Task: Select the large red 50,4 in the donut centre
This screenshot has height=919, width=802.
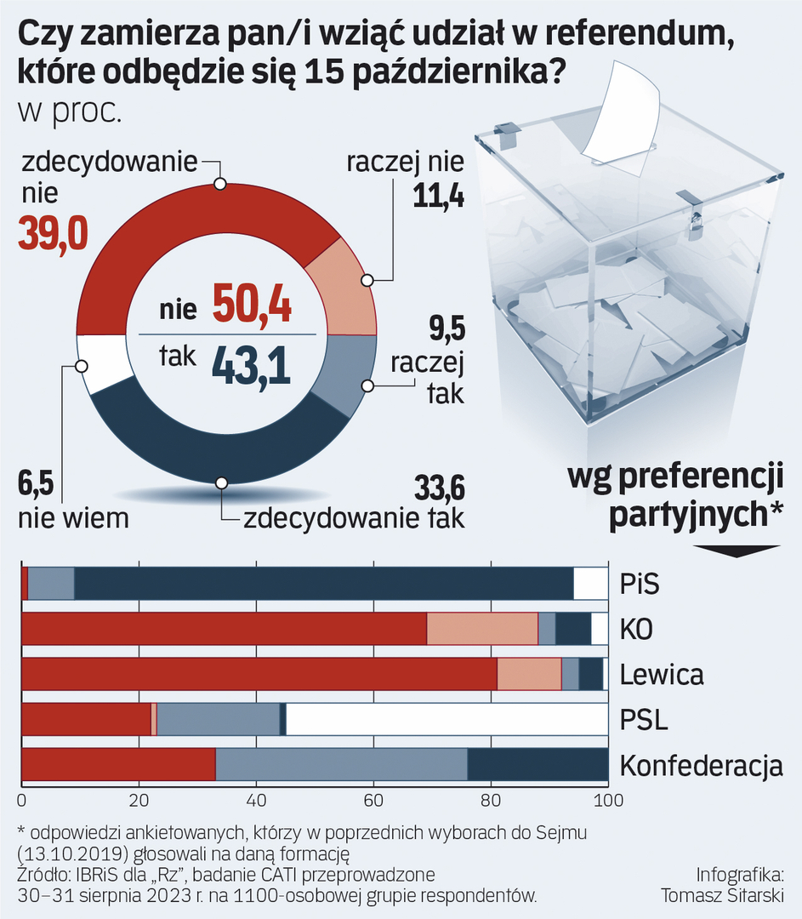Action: coord(253,303)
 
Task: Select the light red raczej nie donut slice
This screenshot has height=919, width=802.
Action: coord(343,286)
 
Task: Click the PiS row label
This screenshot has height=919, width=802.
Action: coord(640,585)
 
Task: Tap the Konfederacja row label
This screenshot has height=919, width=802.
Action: coord(701,766)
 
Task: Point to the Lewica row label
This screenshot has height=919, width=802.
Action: coord(662,676)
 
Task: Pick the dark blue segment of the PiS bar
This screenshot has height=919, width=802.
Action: coord(323,584)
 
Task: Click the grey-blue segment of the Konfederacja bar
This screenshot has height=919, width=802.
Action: coord(341,764)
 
